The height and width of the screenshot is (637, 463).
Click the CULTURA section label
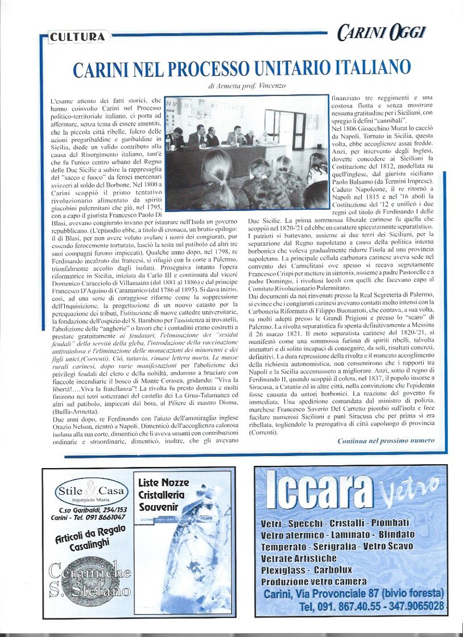point(77,37)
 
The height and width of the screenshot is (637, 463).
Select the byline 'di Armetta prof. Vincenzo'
point(247,86)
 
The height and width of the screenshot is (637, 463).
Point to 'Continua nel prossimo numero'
point(386,440)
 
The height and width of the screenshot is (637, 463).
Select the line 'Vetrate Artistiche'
point(299,558)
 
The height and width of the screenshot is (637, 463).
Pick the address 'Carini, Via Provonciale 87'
point(353,594)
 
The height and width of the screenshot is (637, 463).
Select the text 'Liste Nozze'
point(164,483)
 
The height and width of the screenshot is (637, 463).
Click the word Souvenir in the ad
point(159,506)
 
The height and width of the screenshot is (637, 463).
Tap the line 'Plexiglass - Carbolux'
point(299,570)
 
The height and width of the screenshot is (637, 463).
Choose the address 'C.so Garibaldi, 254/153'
point(93,510)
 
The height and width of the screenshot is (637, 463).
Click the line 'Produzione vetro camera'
point(313,581)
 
